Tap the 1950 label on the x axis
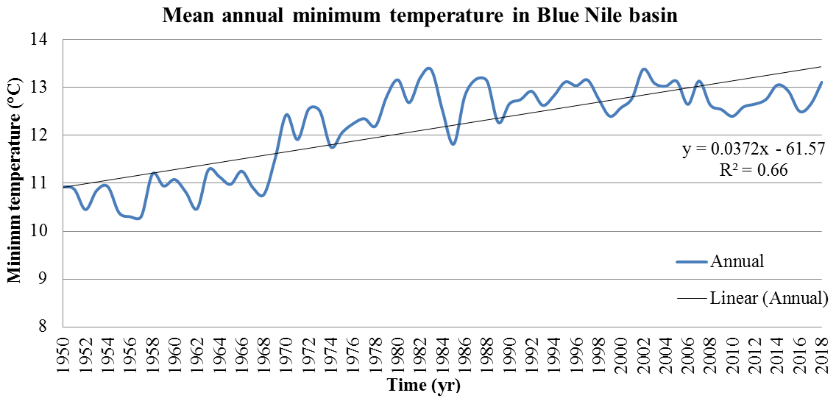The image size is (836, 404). (x=64, y=350)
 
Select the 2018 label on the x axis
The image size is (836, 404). (x=823, y=350)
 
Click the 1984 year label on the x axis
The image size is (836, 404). (x=443, y=350)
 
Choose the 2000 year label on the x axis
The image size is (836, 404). (x=622, y=350)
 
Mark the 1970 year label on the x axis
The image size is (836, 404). (x=287, y=350)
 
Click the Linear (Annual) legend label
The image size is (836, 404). (x=770, y=299)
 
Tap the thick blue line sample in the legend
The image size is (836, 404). (x=692, y=261)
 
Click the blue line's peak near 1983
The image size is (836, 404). (x=429, y=68)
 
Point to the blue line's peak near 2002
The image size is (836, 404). (x=644, y=69)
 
